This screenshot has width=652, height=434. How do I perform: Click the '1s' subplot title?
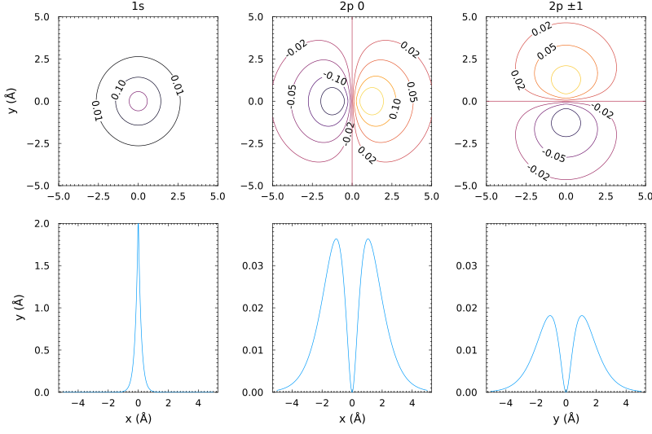pyautogui.click(x=138, y=7)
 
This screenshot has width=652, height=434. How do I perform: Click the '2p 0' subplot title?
pyautogui.click(x=352, y=7)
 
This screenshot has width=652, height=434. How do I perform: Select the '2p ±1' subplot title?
pyautogui.click(x=566, y=7)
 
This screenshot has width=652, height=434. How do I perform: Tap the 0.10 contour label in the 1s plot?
pyautogui.click(x=119, y=90)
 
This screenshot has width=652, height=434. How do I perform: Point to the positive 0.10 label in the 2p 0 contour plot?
pyautogui.click(x=394, y=108)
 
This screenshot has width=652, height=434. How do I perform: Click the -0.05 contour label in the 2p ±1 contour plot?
pyautogui.click(x=555, y=155)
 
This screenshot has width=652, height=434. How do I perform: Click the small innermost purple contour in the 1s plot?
pyautogui.click(x=138, y=92)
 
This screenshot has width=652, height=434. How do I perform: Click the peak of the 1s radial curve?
pyautogui.click(x=138, y=226)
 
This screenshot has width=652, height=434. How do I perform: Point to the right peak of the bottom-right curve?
pyautogui.click(x=582, y=316)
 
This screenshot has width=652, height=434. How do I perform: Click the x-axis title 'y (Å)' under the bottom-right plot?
pyautogui.click(x=566, y=419)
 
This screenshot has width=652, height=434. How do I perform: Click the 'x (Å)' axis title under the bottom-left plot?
pyautogui.click(x=138, y=419)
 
